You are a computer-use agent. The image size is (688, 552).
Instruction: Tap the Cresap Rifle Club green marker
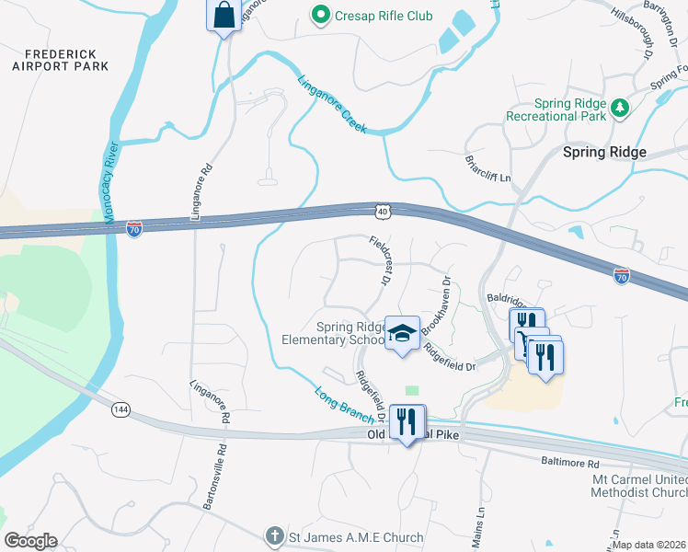[320, 15]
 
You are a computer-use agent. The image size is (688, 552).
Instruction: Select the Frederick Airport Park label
[61, 61]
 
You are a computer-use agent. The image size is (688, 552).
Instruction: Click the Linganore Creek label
[333, 104]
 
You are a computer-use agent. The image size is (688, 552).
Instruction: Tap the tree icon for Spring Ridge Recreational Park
[621, 109]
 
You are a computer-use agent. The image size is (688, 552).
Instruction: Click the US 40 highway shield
[383, 212]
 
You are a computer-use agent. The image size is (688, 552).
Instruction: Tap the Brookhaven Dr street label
[436, 305]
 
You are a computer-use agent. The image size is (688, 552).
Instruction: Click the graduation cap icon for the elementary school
[402, 333]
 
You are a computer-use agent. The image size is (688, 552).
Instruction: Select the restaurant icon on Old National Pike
[407, 421]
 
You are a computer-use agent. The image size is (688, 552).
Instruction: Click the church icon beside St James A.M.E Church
[273, 536]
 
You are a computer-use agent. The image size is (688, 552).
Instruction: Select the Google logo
[30, 541]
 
